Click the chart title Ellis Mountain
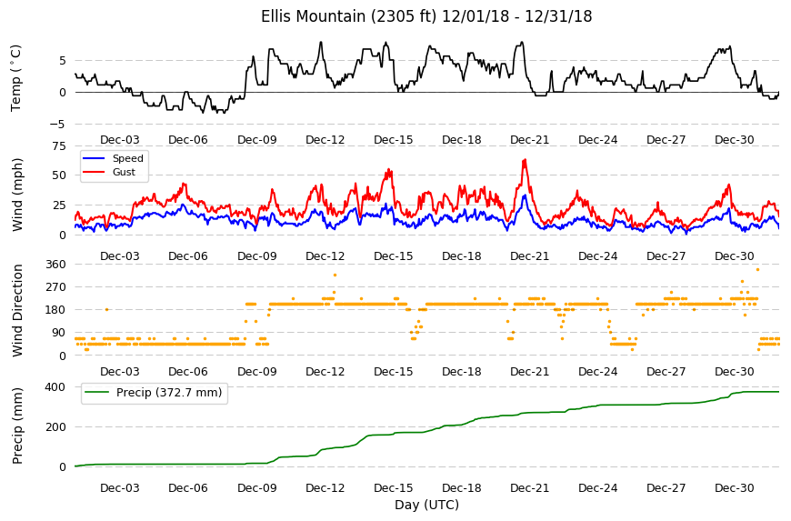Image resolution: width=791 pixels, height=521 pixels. pos(313,16)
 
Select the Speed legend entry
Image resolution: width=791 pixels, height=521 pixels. pos(113,158)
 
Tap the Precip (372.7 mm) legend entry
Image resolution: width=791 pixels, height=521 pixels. pos(154,393)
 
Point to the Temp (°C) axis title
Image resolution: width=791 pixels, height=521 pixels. pos(16,78)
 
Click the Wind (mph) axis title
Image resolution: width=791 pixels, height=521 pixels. pos(17,195)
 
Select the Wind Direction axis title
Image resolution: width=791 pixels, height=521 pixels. pos(17,311)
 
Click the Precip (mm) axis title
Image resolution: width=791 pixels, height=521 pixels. pos(17,426)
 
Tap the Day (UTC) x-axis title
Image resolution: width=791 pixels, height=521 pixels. pos(426,505)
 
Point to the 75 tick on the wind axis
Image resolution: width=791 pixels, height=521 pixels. pos(59,146)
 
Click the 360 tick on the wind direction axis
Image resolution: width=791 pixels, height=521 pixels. pos(56,265)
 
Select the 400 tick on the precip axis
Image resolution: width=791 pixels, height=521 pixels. pos(56,386)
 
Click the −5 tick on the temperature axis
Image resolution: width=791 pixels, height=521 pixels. pos(59,124)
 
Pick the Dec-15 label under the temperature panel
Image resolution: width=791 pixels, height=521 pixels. pos(394,140)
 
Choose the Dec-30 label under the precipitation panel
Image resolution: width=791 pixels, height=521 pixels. pos(735,487)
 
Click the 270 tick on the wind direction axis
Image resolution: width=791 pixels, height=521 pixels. pos(56,287)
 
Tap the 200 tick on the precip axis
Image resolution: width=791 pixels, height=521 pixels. pos(56,426)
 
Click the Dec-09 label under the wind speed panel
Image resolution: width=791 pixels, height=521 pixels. pos(257,255)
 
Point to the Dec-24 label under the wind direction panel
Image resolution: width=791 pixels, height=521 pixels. pos(597,371)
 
